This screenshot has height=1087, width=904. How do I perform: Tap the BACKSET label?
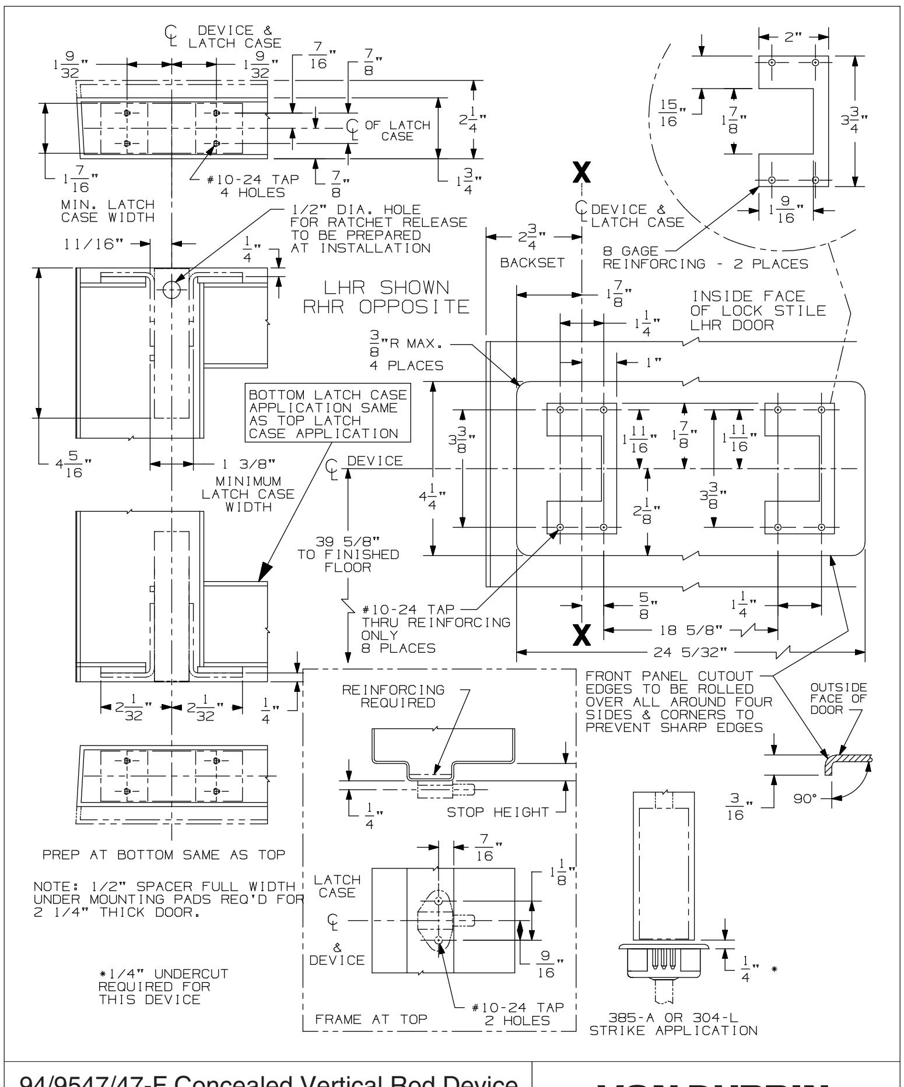click(532, 263)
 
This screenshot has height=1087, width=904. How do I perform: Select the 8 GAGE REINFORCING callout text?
click(706, 258)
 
